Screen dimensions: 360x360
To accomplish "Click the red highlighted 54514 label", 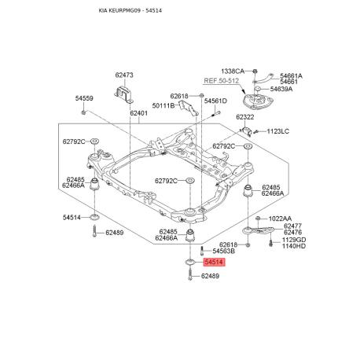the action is (x=214, y=262).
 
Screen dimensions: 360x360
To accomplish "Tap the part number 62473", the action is (x=124, y=75).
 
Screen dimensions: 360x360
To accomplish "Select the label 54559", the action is (x=84, y=98).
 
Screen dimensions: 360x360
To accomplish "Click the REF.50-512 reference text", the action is (x=222, y=80).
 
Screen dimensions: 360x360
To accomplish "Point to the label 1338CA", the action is (x=233, y=71).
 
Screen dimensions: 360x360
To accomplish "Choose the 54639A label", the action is (x=281, y=89).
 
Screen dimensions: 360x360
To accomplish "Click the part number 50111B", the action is (x=163, y=105).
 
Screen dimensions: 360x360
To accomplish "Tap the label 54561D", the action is (x=215, y=101).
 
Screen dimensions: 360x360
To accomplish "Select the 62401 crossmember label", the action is (x=139, y=113).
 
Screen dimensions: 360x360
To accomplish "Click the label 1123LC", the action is (x=278, y=131).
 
